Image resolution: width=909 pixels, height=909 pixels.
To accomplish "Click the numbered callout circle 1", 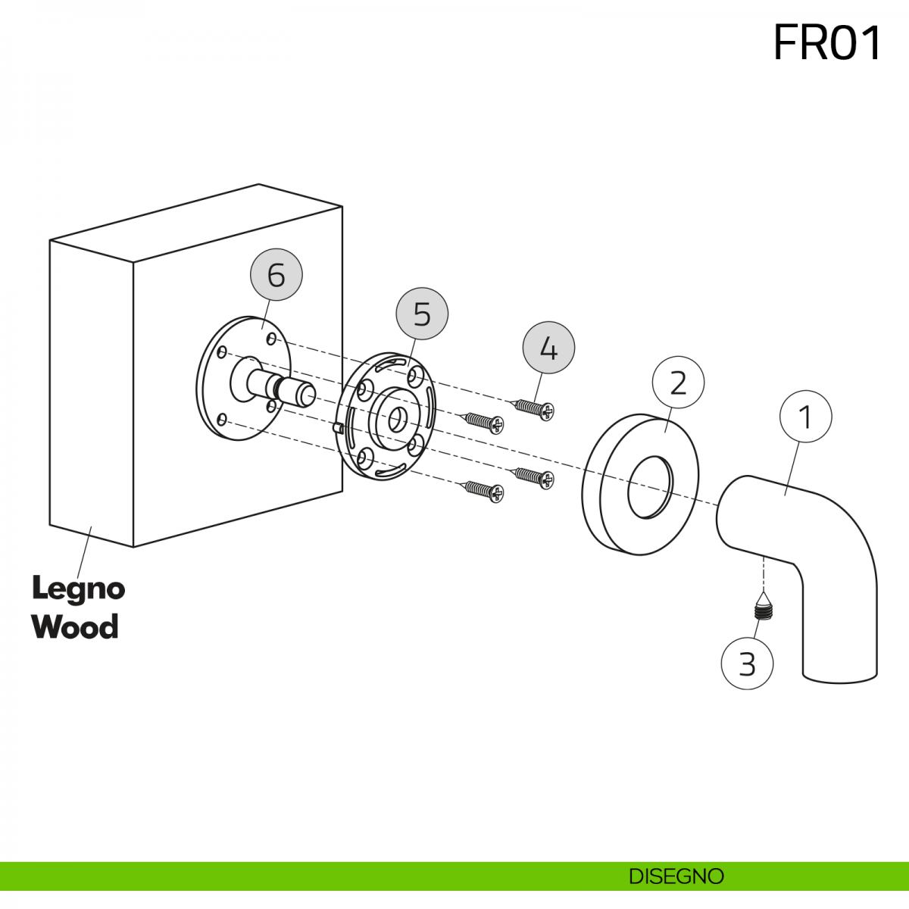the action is pyautogui.click(x=806, y=416).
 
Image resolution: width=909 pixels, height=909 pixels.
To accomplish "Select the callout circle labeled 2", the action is pyautogui.click(x=678, y=382).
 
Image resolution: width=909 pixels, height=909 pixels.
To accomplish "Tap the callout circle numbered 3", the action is pyautogui.click(x=747, y=664).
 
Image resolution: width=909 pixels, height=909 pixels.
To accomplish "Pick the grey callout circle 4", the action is pyautogui.click(x=548, y=348).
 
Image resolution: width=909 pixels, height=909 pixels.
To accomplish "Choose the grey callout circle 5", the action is pyautogui.click(x=422, y=313).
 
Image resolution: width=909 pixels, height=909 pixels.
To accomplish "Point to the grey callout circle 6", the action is pyautogui.click(x=276, y=274).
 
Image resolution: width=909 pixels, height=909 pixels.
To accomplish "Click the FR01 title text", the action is pyautogui.click(x=827, y=43).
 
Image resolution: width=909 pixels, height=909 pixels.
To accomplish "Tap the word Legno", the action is pyautogui.click(x=79, y=589).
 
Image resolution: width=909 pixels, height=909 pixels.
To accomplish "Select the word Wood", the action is pyautogui.click(x=76, y=626).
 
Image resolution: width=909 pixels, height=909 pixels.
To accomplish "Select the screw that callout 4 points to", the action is pyautogui.click(x=532, y=408).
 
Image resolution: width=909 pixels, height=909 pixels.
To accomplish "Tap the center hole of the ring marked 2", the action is pyautogui.click(x=650, y=488).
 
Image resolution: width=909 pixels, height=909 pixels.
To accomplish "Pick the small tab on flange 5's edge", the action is pyautogui.click(x=338, y=427).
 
